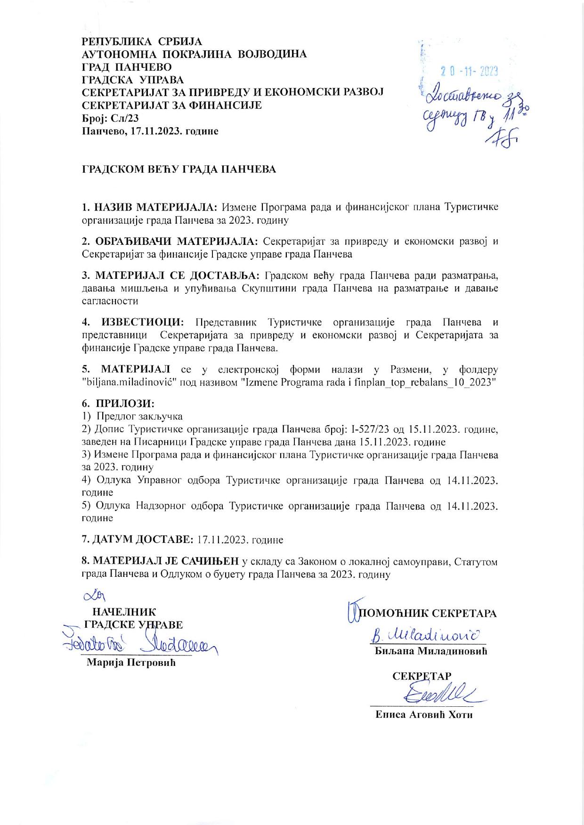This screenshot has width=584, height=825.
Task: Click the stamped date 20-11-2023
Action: [469, 72]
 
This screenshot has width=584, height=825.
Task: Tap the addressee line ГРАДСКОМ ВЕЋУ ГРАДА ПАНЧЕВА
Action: [179, 170]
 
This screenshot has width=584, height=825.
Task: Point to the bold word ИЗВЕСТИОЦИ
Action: [142, 323]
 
